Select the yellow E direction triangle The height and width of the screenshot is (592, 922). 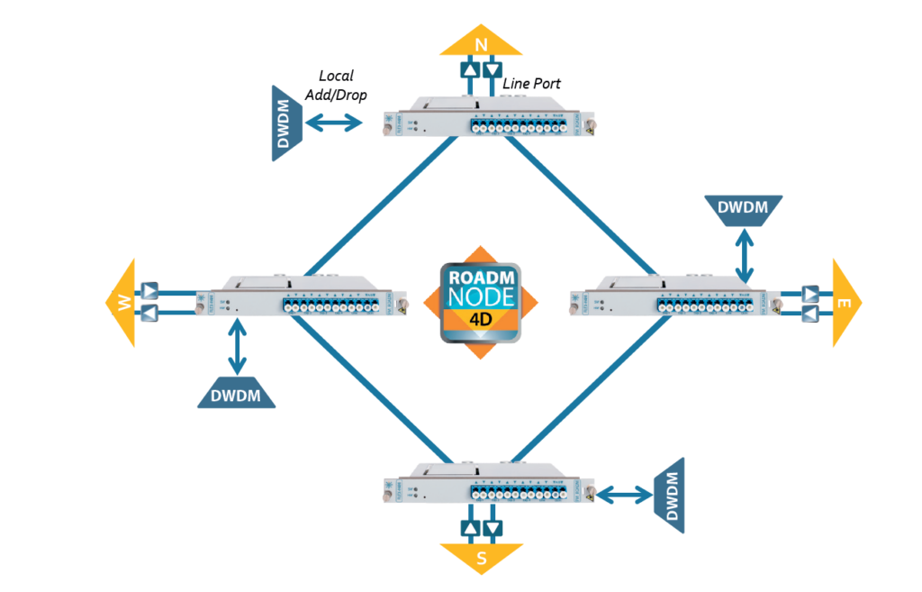pyautogui.click(x=845, y=303)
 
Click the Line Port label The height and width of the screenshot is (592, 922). pyautogui.click(x=531, y=84)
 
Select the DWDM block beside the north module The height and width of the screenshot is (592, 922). pyautogui.click(x=287, y=124)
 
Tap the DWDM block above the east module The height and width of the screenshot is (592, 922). pyautogui.click(x=743, y=208)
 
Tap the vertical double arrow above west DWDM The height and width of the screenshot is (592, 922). pyautogui.click(x=237, y=345)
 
